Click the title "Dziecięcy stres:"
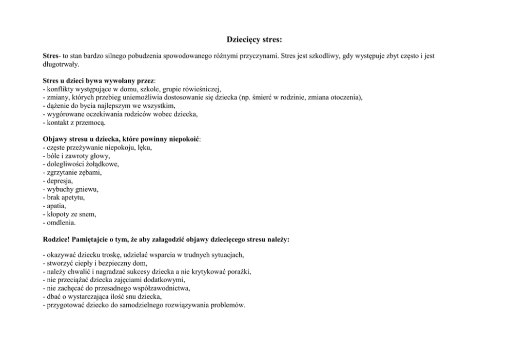coord(254,39)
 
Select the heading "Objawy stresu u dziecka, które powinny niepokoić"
coord(121,139)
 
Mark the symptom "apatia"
coord(56,205)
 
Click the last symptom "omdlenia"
coord(61,222)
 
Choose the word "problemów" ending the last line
coord(229,305)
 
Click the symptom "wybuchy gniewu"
coord(71,189)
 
